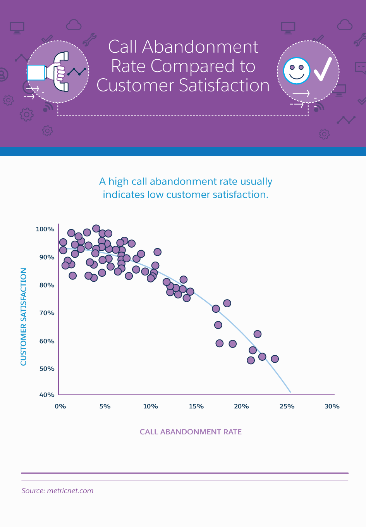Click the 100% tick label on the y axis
pyautogui.click(x=45, y=229)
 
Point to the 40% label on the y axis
pyautogui.click(x=47, y=395)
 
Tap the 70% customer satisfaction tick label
pyautogui.click(x=47, y=313)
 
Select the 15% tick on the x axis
pyautogui.click(x=196, y=406)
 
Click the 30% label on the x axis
pyautogui.click(x=332, y=406)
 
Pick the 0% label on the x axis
pyautogui.click(x=60, y=406)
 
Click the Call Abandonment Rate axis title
pyautogui.click(x=191, y=432)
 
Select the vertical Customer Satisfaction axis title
pyautogui.click(x=24, y=317)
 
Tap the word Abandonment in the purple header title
pyautogui.click(x=200, y=47)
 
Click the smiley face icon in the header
pyautogui.click(x=297, y=71)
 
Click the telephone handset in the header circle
pyautogui.click(x=61, y=72)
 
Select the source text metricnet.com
pyautogui.click(x=70, y=491)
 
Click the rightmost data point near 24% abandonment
pyautogui.click(x=275, y=359)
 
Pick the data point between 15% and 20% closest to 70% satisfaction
pyautogui.click(x=216, y=309)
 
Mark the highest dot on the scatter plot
pyautogui.click(x=96, y=229)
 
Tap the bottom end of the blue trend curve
pyautogui.click(x=290, y=392)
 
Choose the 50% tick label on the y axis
pyautogui.click(x=47, y=369)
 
